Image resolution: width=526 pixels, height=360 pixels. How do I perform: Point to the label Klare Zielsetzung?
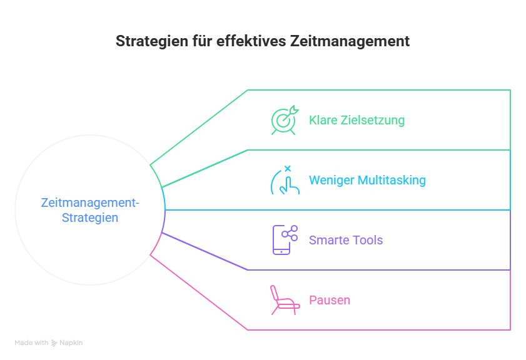(357, 120)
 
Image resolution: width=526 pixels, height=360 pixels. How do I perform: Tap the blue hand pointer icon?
(285, 182)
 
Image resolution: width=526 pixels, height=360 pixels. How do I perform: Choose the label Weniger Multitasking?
(367, 181)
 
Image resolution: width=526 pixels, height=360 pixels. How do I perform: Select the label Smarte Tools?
(345, 240)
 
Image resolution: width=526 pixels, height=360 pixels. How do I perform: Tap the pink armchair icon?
(284, 300)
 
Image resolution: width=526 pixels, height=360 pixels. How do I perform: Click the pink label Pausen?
(329, 300)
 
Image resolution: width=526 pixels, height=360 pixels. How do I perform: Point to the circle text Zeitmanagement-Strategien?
(90, 211)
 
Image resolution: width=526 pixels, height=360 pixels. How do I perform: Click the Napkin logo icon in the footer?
(54, 343)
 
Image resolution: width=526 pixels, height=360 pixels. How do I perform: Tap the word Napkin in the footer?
(71, 343)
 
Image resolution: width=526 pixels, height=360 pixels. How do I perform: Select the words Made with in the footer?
(31, 343)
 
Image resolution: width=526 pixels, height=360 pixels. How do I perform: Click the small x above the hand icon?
(288, 168)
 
